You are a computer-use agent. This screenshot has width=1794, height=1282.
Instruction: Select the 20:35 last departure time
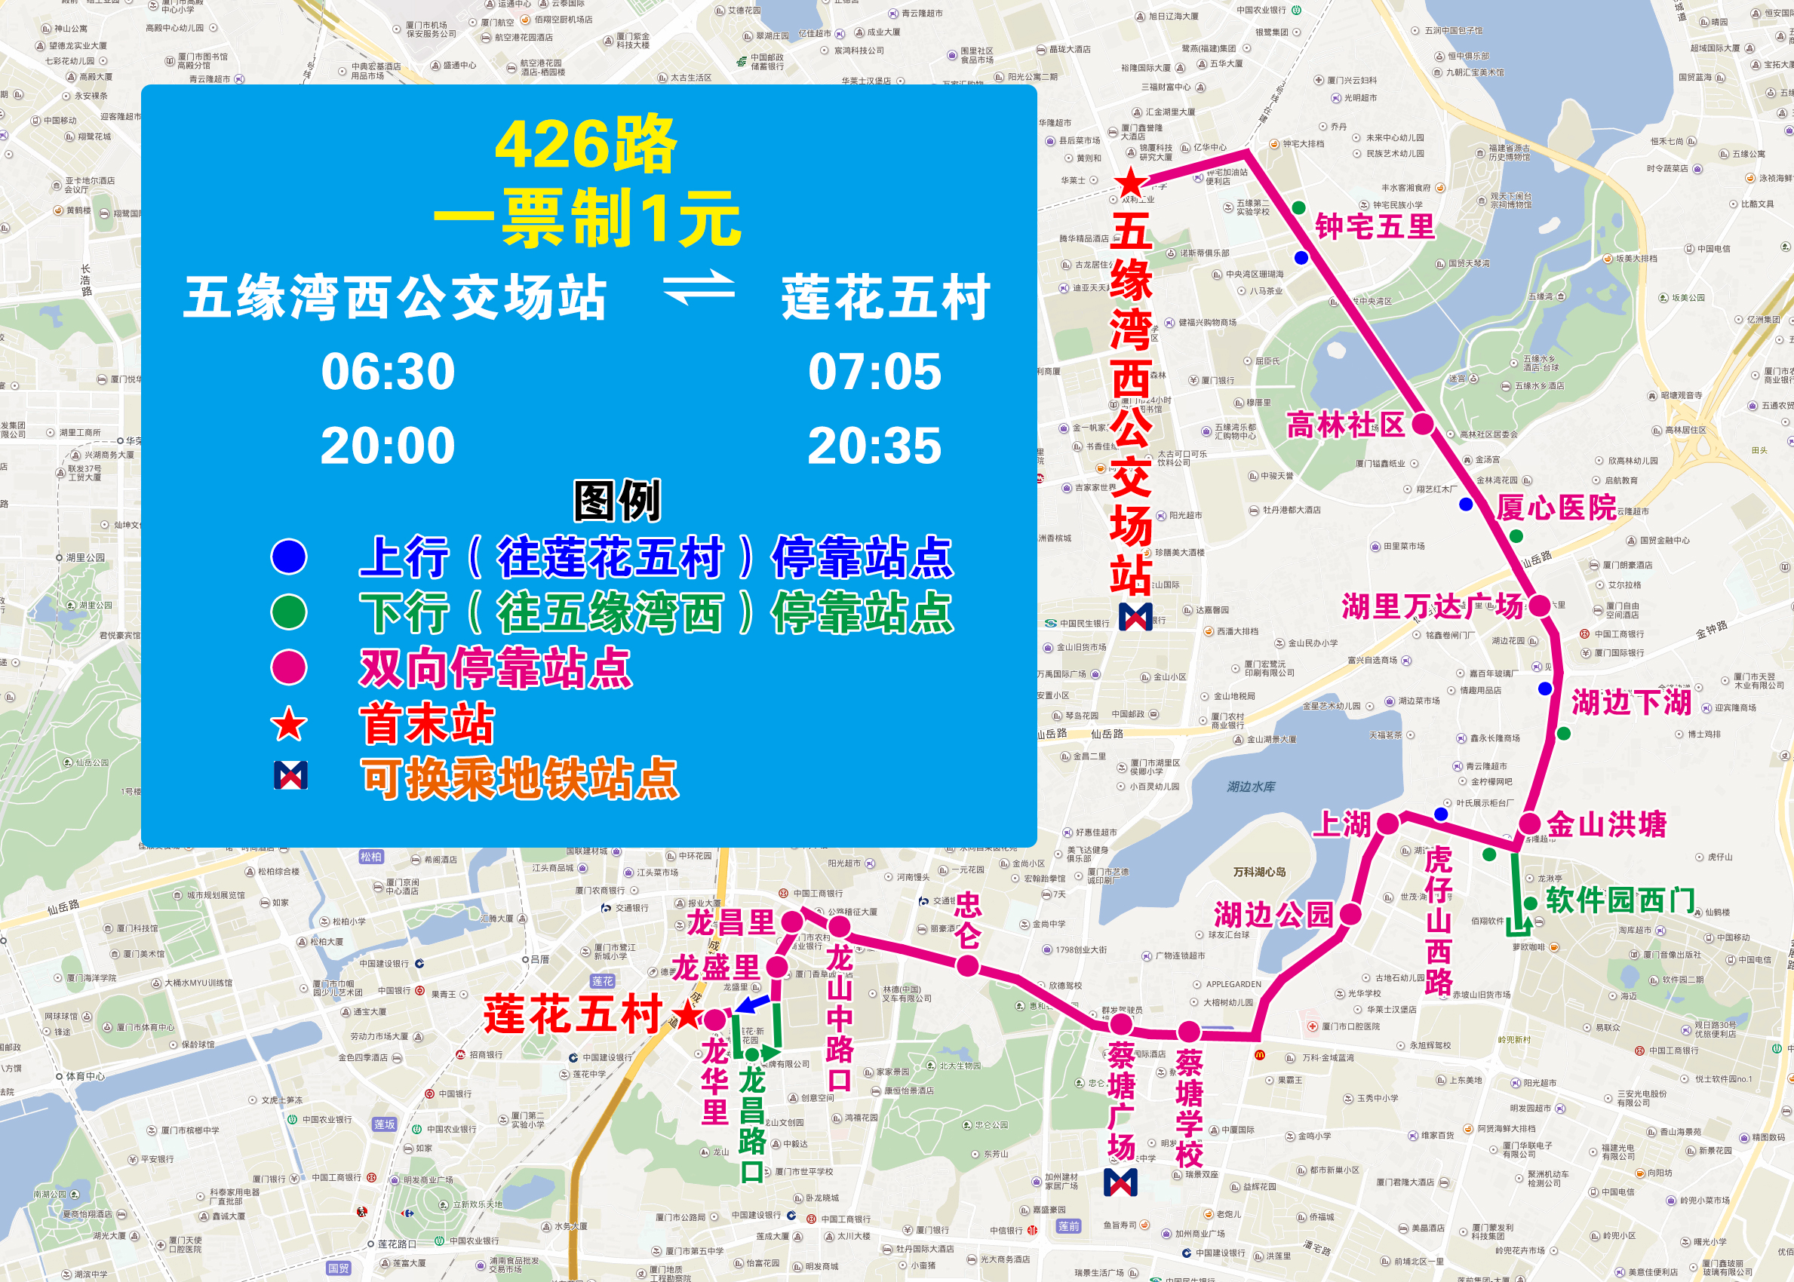coord(874,445)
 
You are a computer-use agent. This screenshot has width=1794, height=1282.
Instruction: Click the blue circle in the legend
coord(289,557)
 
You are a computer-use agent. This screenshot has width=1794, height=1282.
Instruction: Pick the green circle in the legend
coord(289,612)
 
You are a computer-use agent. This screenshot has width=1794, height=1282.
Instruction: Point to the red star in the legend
coord(289,725)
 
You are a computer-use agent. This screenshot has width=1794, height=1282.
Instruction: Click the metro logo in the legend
coord(290,776)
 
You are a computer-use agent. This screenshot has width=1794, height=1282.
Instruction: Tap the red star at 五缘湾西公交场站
coord(1131,182)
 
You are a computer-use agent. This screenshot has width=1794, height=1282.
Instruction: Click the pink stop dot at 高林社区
coord(1422,424)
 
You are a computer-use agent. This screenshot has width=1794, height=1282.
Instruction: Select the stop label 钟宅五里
coord(1375,226)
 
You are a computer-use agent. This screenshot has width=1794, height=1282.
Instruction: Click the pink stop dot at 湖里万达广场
coord(1539,606)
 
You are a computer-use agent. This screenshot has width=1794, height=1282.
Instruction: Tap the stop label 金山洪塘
coord(1606,824)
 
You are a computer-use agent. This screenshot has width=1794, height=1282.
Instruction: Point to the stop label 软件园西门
coord(1620,899)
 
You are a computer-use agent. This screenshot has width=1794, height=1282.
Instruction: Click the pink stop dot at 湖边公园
coord(1350,914)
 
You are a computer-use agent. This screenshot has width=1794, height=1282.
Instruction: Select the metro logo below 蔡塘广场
coord(1120,1182)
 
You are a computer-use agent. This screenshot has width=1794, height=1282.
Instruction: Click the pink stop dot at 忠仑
coord(967,965)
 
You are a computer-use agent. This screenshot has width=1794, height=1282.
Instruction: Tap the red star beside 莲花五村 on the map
coord(688,1016)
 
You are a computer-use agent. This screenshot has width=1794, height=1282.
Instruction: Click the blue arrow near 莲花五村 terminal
coord(751,1004)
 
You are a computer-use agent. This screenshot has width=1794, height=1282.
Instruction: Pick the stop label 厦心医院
coord(1556,507)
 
